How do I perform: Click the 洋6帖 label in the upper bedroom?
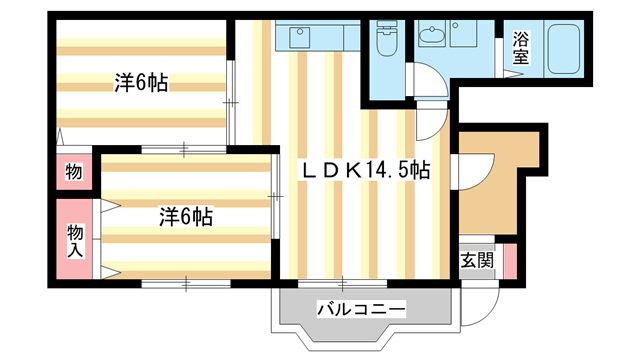140,84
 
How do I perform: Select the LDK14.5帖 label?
367,171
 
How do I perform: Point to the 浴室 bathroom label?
520,48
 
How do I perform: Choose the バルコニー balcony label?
361,309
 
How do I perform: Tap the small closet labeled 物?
73,173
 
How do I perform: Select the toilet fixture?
387,42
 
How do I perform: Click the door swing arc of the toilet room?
428,80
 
